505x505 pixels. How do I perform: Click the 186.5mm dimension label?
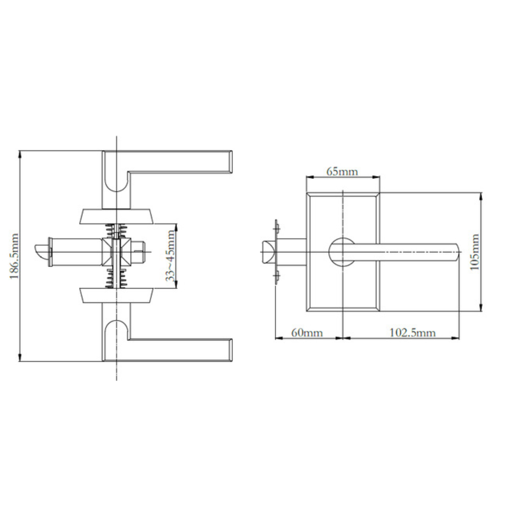click(14, 256)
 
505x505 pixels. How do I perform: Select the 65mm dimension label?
click(342, 172)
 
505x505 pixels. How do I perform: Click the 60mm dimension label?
click(307, 333)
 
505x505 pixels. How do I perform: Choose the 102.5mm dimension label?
click(413, 333)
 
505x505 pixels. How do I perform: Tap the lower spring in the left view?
click(116, 279)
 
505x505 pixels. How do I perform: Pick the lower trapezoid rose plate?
click(116, 296)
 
